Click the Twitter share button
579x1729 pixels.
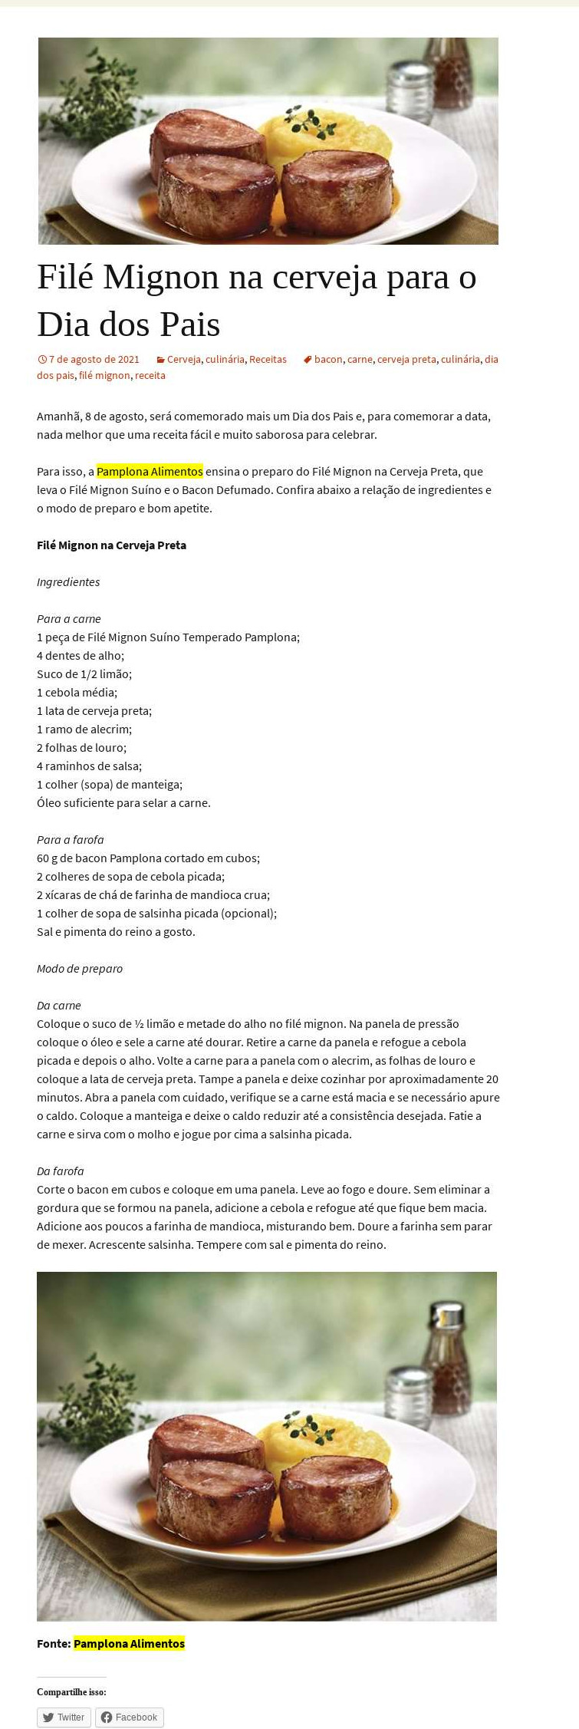64,1717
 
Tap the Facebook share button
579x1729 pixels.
129,1717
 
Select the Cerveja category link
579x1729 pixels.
183,359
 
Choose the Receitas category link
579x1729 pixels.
268,359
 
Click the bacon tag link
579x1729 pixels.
328,359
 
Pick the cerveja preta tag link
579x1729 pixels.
406,359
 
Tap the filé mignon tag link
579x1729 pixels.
104,375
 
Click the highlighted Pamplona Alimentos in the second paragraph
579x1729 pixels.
150,471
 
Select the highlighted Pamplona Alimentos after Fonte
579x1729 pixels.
129,1643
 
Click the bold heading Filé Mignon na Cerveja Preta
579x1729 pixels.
111,545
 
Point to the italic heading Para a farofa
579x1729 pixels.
70,839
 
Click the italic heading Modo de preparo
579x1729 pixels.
79,968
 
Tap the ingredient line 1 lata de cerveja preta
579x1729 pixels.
94,710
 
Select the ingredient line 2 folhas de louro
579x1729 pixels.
81,747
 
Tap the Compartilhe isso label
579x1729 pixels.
71,1691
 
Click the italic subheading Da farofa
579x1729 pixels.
60,1171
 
